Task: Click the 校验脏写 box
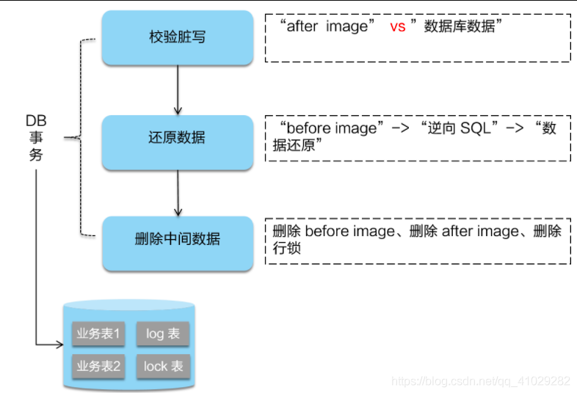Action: click(x=177, y=37)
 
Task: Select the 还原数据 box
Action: click(x=177, y=138)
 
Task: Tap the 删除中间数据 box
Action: click(x=177, y=240)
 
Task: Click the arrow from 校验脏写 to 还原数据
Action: click(x=177, y=88)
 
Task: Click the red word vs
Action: click(x=397, y=26)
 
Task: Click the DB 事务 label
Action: click(x=36, y=137)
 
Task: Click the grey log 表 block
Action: click(x=163, y=334)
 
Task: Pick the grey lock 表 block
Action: click(x=163, y=365)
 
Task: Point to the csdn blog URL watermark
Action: click(x=481, y=381)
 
